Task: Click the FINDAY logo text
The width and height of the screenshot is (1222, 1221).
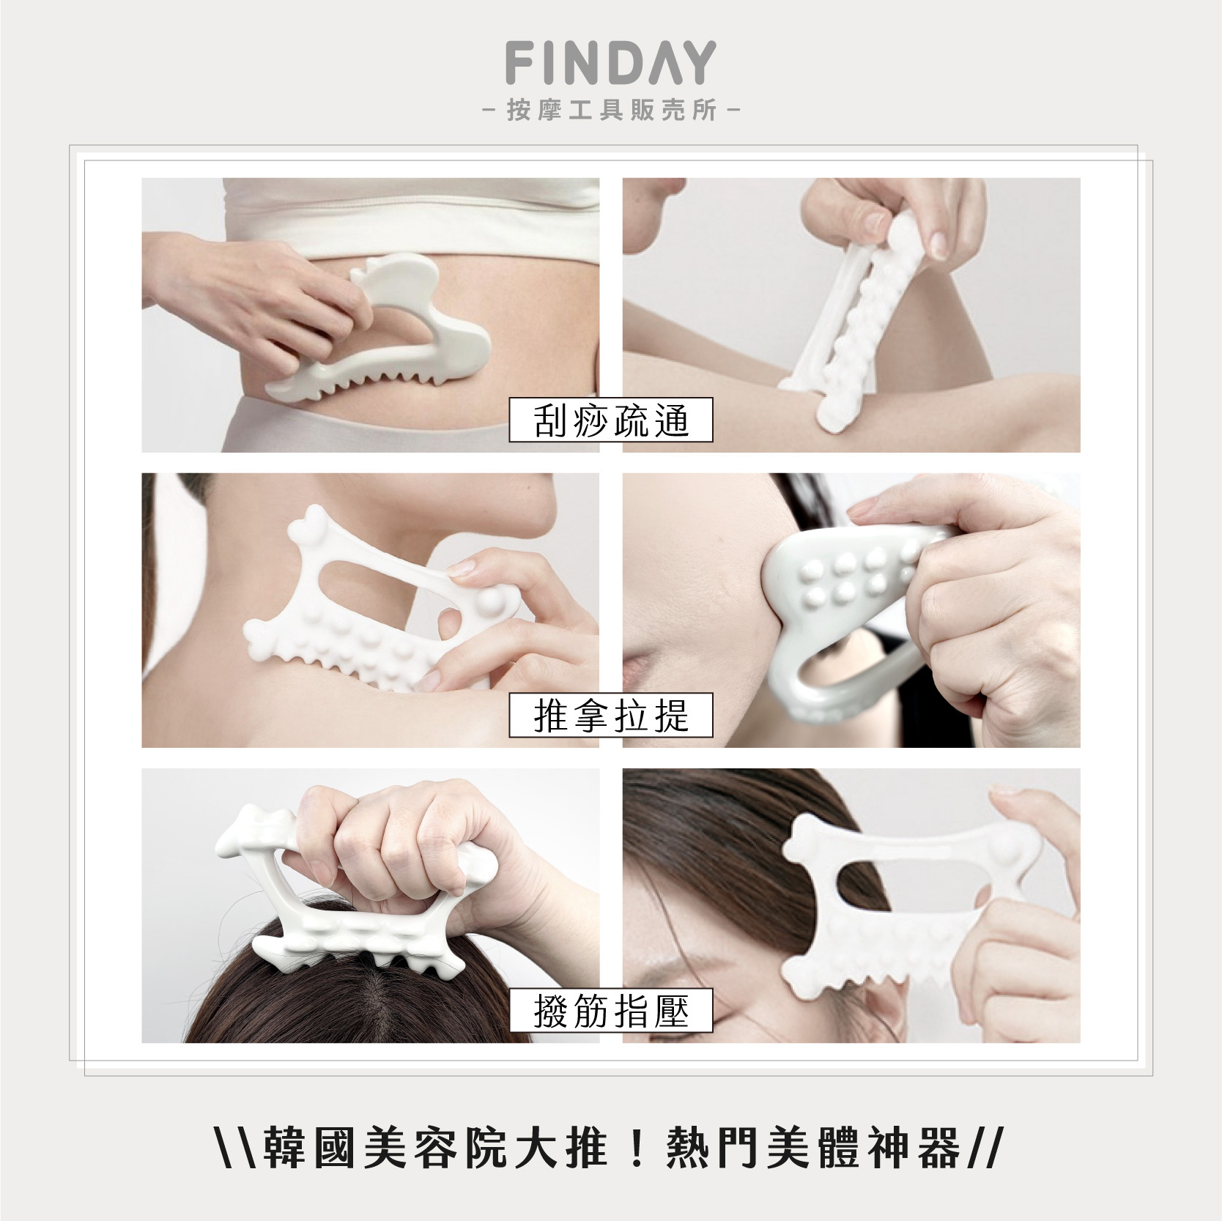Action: (610, 63)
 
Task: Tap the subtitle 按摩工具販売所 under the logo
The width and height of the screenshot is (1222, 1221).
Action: (611, 112)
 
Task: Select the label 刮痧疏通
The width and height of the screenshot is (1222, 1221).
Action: (611, 420)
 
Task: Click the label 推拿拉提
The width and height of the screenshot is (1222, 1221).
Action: (611, 715)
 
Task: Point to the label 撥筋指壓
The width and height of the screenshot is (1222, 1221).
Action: (611, 1011)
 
